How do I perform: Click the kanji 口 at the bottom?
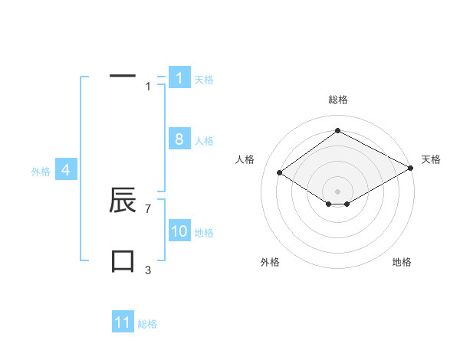coord(123,260)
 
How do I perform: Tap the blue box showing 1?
coord(179,77)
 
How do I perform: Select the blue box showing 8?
coord(179,139)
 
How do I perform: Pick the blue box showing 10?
coord(179,231)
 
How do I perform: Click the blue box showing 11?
coord(123,322)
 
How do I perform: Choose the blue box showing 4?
coord(66,170)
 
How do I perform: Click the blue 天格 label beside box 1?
coord(204,80)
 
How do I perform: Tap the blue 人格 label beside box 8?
coord(204,141)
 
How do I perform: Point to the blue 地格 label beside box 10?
coord(204,233)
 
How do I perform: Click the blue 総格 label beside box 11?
coord(147,324)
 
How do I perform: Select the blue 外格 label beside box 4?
coord(41,172)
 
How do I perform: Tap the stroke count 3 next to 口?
coord(148,270)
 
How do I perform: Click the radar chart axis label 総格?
coord(337,100)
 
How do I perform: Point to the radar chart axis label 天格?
coord(431,159)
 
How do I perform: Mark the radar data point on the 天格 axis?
coord(411,168)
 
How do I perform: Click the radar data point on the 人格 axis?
coord(280,173)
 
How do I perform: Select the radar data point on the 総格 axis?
coord(337,131)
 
